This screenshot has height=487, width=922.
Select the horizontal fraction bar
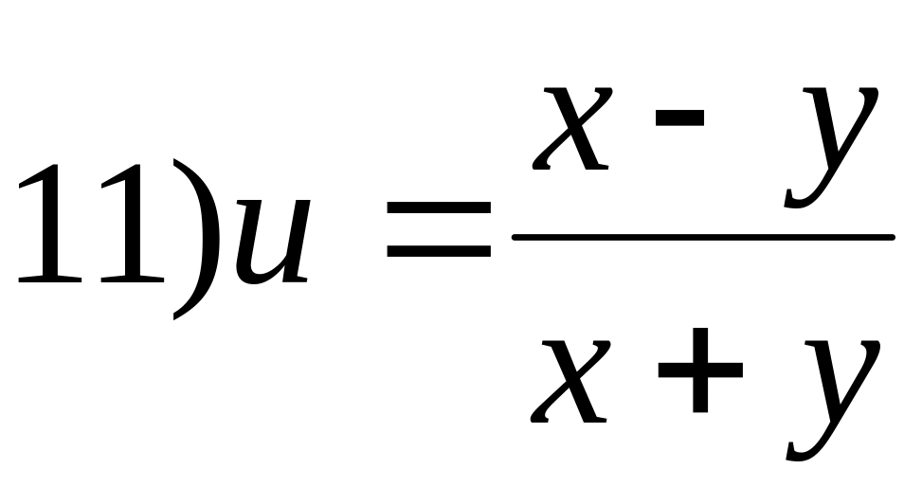tap(701, 236)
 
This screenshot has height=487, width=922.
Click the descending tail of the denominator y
tap(801, 450)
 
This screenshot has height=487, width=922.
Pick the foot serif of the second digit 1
tap(128, 280)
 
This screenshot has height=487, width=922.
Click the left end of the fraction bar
tap(517, 236)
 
